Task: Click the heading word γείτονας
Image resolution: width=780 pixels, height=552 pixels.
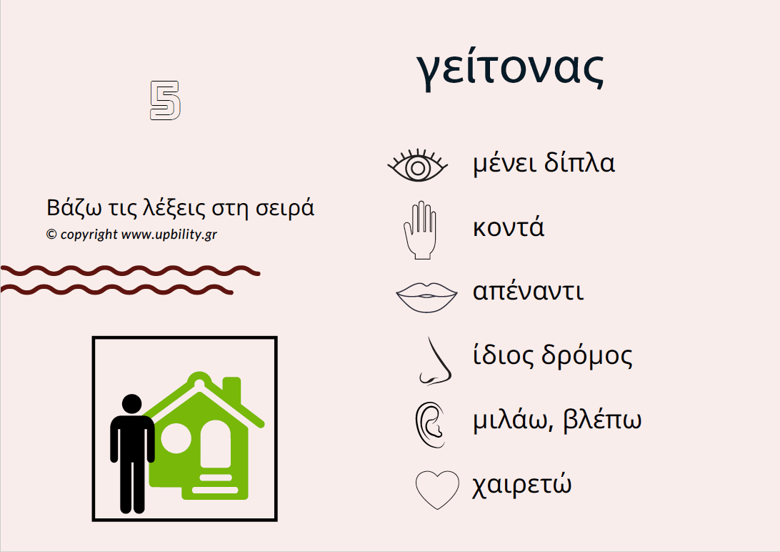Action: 510,69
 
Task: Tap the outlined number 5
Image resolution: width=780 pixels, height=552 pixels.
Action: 165,100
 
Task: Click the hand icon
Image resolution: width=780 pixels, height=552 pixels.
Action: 419,230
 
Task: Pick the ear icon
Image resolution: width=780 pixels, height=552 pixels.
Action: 429,424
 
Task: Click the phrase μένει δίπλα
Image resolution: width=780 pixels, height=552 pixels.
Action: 544,164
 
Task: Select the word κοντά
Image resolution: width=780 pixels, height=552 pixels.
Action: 509,228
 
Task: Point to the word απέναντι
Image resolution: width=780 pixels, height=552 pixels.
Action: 528,292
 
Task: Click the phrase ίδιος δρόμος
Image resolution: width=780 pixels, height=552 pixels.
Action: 552,356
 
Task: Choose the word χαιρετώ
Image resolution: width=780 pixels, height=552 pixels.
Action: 522,486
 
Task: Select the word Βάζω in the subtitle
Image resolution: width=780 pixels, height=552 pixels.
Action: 70,208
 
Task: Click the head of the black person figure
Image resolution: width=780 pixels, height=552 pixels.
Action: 132,404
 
